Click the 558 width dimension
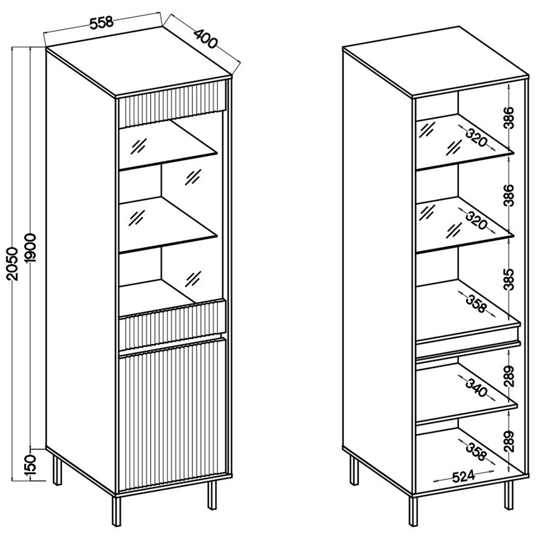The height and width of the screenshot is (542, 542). tap(101, 22)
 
